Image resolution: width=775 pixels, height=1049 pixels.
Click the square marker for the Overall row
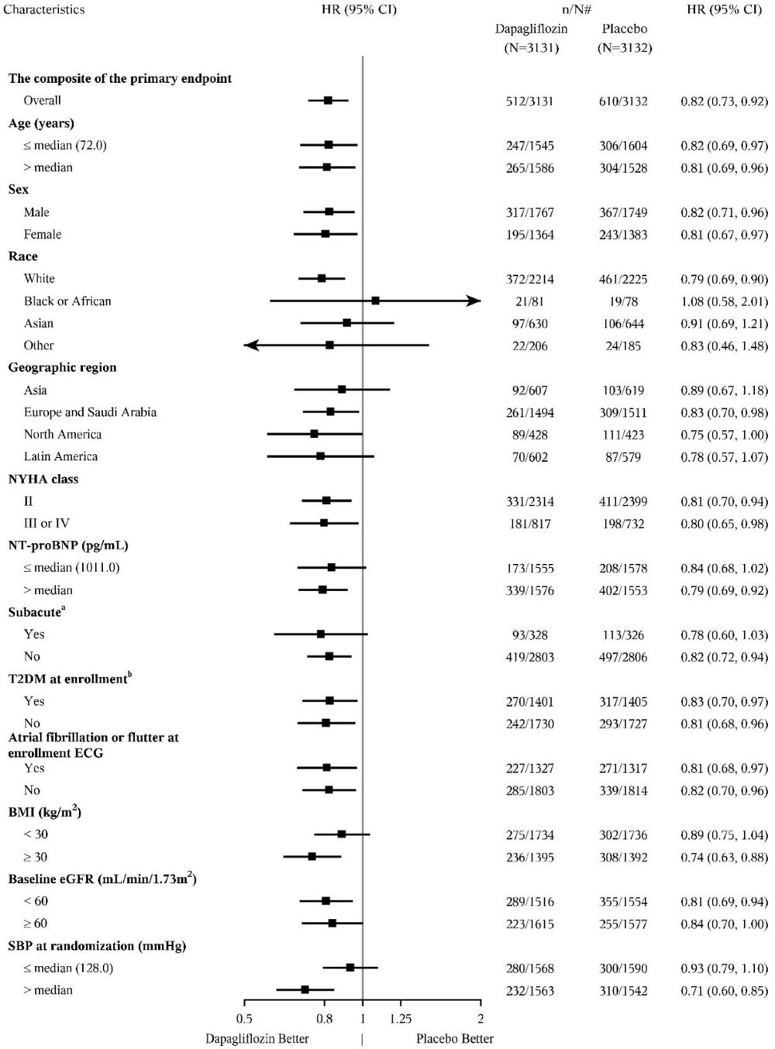pyautogui.click(x=328, y=101)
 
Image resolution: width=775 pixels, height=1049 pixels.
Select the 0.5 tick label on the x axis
pyautogui.click(x=243, y=1018)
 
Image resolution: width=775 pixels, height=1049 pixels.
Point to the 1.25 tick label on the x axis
pyautogui.click(x=401, y=1018)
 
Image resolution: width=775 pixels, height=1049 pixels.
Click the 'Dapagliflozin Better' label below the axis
pyautogui.click(x=257, y=1039)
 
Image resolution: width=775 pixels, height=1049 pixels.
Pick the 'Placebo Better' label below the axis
pyautogui.click(x=454, y=1039)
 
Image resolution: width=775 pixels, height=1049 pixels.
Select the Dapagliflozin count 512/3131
pyautogui.click(x=530, y=101)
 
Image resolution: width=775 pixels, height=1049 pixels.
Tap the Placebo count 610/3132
pyautogui.click(x=624, y=101)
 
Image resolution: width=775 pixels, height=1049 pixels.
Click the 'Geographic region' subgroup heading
pyautogui.click(x=62, y=367)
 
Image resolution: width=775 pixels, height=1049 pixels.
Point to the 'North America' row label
pyautogui.click(x=63, y=435)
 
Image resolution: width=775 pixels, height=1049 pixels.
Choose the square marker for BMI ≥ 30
pyautogui.click(x=312, y=857)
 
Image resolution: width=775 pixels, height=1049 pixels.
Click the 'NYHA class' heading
pyautogui.click(x=43, y=479)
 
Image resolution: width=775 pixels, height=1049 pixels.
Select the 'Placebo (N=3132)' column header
pyautogui.click(x=624, y=38)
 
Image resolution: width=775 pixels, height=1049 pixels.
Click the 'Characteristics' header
pyautogui.click(x=45, y=10)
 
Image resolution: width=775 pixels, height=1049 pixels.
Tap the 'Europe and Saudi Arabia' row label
pyautogui.click(x=90, y=412)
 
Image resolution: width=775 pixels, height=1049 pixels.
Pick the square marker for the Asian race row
pyautogui.click(x=346, y=323)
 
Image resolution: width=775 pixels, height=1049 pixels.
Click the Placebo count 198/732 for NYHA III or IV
pyautogui.click(x=624, y=524)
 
